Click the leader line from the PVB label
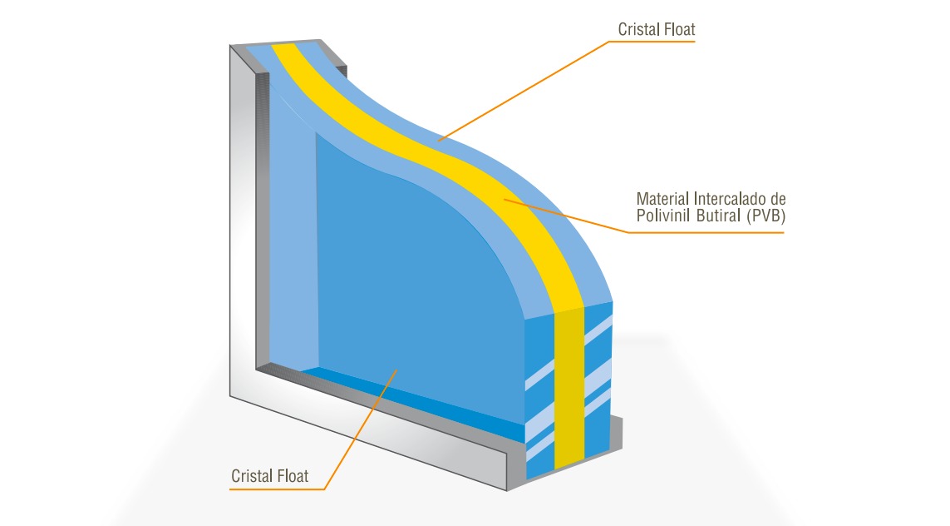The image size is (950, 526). [x=565, y=216]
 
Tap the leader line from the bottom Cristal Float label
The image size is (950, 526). [x=360, y=429]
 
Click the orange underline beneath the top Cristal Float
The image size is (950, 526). [x=652, y=42]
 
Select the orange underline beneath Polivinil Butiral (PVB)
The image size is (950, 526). [x=706, y=231]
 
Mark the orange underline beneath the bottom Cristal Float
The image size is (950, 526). [x=277, y=489]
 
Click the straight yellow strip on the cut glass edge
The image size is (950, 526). [x=569, y=390]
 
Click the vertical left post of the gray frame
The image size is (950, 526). [x=244, y=218]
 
